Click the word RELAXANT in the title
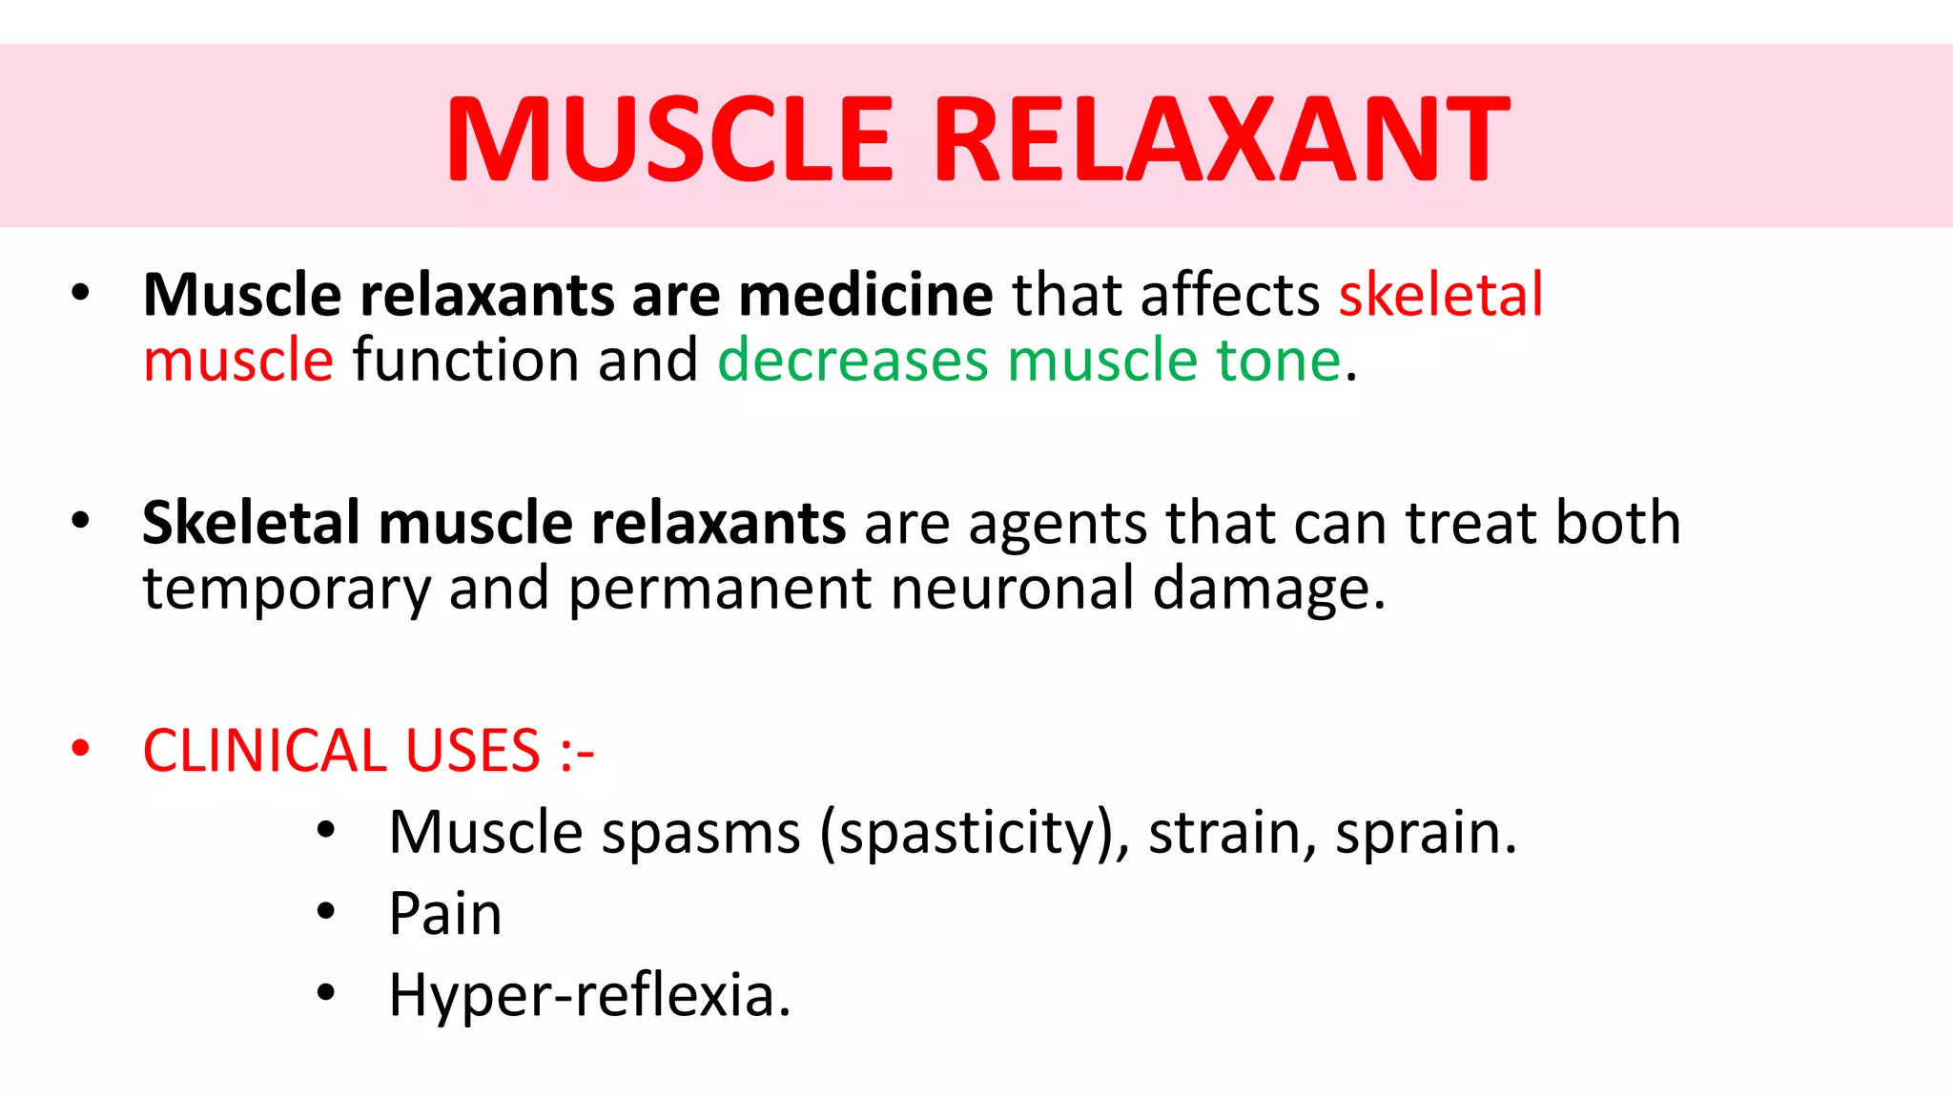coord(1223,139)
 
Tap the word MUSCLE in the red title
coord(670,139)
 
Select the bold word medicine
coord(866,295)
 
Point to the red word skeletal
coord(1440,295)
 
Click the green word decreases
coord(853,361)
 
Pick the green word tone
coord(1279,361)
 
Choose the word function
coord(465,361)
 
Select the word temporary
coord(286,590)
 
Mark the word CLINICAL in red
coord(264,751)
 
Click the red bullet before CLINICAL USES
coord(80,749)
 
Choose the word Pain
coord(444,914)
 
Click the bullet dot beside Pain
coord(326,912)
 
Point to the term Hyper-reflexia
coord(589,995)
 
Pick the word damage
coord(1268,590)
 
